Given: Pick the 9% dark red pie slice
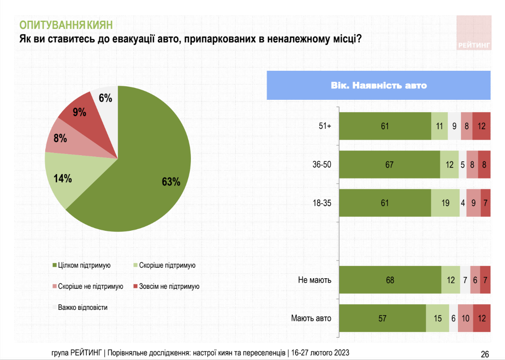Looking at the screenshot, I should point(79,113).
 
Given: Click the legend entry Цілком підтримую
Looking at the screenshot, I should point(81,265).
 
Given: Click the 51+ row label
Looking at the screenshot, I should point(325,126).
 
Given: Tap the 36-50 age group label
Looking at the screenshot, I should point(322,164).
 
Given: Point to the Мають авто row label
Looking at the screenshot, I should point(311,318).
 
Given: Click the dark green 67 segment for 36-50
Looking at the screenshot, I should point(390,164).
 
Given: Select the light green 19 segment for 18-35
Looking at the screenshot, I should point(445,203).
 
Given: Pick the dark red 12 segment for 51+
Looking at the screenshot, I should point(481,126).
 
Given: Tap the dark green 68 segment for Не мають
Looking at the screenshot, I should point(391,280).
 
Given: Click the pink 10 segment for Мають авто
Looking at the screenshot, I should point(465,318).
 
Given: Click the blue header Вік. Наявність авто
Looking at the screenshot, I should point(379,85).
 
